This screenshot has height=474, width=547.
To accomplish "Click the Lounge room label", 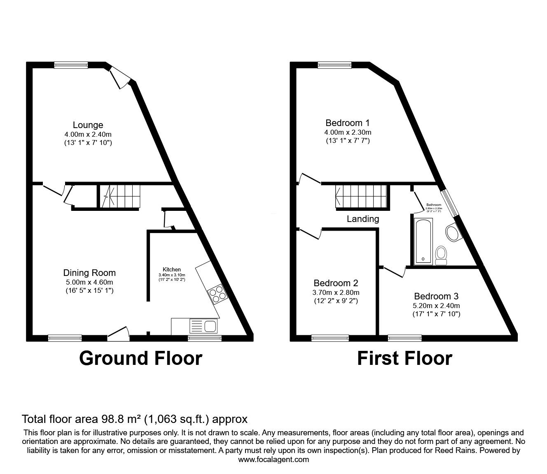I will tap(88, 125).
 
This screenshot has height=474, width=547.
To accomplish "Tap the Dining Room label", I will tap(89, 273).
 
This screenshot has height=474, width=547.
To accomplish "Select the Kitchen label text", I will tap(172, 270).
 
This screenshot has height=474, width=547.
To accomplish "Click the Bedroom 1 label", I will tap(348, 123).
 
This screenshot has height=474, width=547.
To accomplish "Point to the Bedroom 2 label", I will tap(336, 283).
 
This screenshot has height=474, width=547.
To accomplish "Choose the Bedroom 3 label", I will tap(436, 296).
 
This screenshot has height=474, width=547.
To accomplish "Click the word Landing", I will tap(363, 219).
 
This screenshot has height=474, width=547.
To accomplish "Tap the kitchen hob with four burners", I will tap(217, 294).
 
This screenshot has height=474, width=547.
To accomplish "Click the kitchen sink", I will tap(203, 326).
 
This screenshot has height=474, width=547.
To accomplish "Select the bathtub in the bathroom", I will tap(423, 241).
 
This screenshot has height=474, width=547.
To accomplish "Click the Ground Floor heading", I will tap(140, 358).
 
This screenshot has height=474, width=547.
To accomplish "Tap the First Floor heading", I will tap(404, 358).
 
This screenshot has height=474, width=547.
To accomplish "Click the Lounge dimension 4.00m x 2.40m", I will tap(88, 134).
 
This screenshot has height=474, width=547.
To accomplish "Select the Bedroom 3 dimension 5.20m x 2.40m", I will tap(436, 306).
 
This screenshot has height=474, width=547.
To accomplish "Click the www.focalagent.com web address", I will tap(273, 460).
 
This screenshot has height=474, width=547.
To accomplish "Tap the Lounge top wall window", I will tap(71, 65).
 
